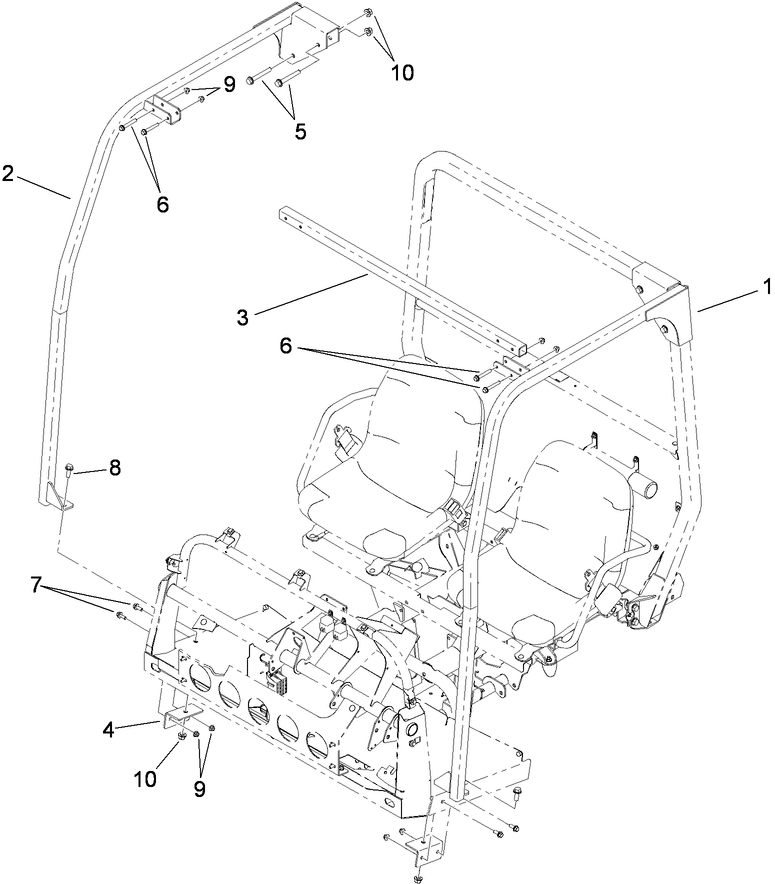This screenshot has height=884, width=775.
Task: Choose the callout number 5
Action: coord(300,130)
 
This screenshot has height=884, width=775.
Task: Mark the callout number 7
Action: coord(37,585)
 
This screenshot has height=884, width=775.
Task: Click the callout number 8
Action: coord(115,467)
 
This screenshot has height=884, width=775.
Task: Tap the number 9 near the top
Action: coord(228,84)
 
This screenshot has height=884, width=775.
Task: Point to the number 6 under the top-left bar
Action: coord(162,203)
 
